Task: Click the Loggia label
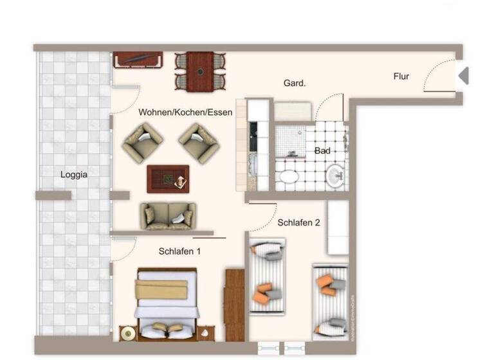point(74,174)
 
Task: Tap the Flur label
point(401,76)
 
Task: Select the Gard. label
point(295,83)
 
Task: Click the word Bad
point(322,151)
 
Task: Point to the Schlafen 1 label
point(180,251)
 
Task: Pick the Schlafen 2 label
point(298,222)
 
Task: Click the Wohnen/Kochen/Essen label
point(185,112)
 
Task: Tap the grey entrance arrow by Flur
point(463,76)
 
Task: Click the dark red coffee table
point(168,179)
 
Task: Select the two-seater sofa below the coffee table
point(169,215)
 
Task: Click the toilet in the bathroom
point(287,177)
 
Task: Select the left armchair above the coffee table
point(143,142)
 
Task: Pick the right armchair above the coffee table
point(199,142)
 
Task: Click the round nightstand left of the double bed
point(128,333)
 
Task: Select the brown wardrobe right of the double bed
point(235,305)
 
